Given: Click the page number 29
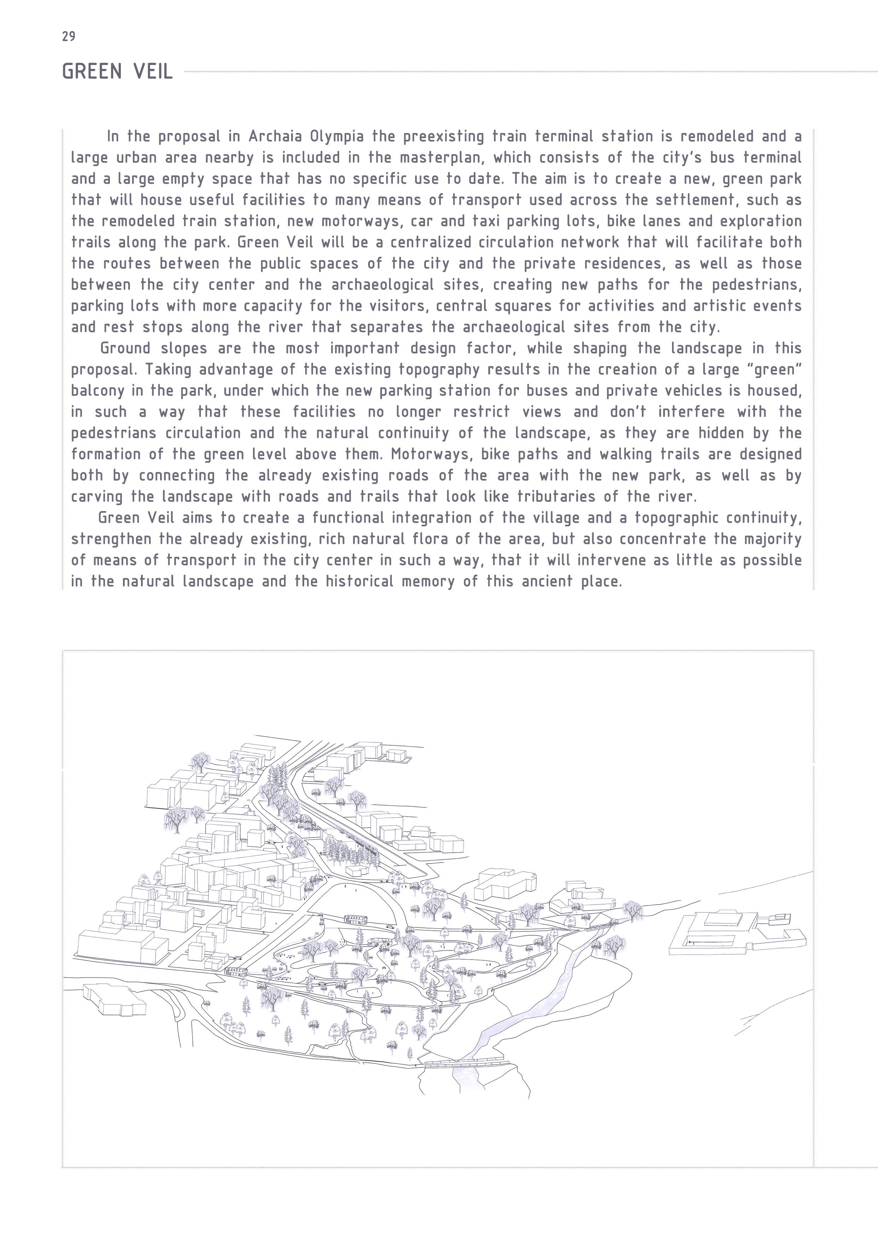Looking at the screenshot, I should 69,37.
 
